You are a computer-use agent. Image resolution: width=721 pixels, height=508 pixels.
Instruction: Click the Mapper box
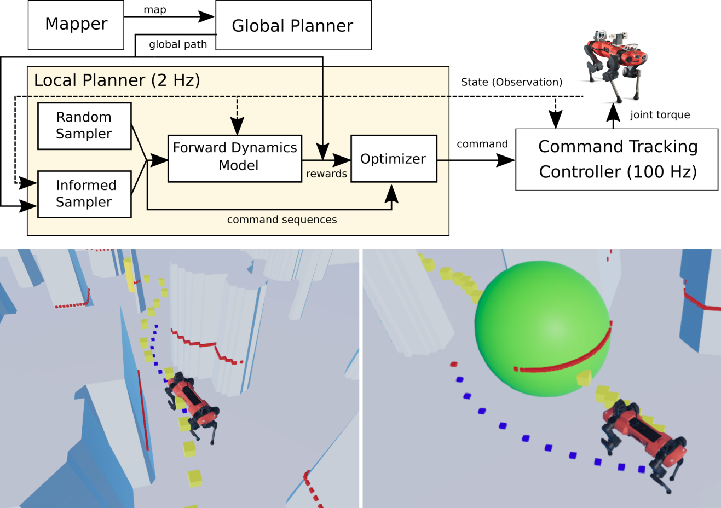76,25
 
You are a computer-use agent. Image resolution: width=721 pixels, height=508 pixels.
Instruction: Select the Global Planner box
293,25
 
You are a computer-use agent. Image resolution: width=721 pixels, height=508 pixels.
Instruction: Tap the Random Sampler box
84,126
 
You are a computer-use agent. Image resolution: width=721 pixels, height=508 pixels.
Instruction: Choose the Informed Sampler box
84,194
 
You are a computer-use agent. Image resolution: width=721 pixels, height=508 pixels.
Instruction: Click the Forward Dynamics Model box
235,158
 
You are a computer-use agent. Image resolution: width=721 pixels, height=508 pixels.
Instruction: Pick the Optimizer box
393,159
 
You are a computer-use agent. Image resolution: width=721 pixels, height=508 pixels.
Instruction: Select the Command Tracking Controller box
617,159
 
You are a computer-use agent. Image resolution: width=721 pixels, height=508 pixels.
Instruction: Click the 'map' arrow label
155,10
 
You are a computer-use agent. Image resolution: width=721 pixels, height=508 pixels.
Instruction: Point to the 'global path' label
178,44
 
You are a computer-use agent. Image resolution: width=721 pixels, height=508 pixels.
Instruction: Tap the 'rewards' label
326,174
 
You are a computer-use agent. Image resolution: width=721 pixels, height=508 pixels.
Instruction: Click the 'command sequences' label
282,220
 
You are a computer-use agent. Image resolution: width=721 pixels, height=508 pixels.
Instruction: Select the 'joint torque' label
660,115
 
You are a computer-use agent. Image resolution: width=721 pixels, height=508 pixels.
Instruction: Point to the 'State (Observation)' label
511,82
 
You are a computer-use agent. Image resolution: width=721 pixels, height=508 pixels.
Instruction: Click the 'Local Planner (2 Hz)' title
117,80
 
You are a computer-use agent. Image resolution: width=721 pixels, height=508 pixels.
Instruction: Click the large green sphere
542,323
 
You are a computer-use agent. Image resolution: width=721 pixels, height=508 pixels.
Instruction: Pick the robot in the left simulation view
192,402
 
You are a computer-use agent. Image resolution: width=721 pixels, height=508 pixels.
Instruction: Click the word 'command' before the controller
482,144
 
